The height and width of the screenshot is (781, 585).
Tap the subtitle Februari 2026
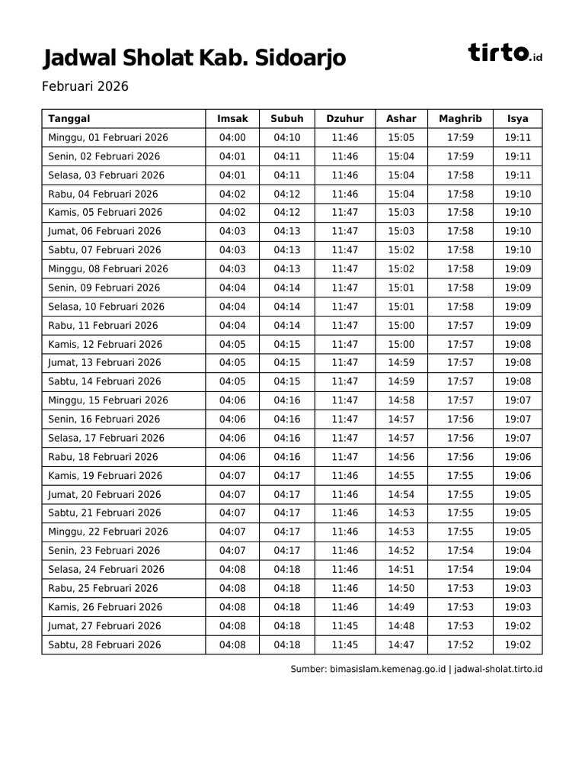85,86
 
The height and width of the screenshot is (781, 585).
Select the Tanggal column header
69,118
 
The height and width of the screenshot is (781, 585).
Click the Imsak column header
232,118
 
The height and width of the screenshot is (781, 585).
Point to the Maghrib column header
460,118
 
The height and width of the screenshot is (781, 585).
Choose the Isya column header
518,118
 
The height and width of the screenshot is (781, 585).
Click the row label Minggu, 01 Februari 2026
108,137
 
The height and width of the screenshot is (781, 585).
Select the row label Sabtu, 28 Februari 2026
104,644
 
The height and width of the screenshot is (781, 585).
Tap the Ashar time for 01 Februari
401,137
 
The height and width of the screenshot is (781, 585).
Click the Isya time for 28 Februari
518,644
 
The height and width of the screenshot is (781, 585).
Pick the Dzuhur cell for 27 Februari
344,625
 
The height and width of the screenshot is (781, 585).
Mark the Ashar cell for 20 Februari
401,494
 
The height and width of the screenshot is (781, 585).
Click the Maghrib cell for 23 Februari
460,551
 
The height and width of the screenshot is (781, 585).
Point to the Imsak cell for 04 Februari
232,194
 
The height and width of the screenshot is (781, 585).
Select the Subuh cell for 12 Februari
287,344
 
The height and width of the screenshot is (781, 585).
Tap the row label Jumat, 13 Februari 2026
104,363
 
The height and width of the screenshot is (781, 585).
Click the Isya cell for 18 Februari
518,457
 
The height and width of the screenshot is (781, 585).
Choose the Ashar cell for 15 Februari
401,400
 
